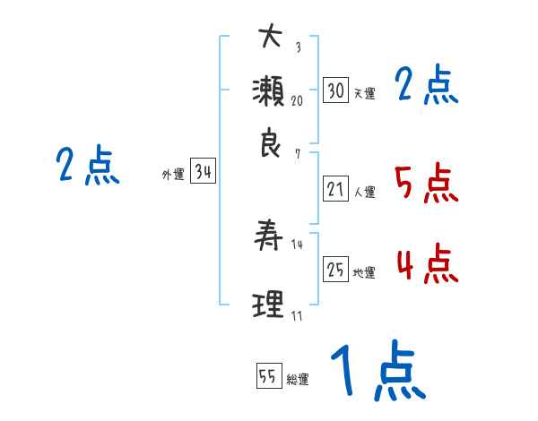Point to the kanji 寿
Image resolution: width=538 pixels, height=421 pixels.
click(x=270, y=236)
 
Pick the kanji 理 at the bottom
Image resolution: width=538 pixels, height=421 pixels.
click(x=270, y=304)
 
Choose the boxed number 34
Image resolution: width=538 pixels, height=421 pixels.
click(x=203, y=172)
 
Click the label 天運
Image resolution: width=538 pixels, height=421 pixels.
click(x=364, y=93)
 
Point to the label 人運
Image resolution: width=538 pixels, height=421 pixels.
click(x=364, y=192)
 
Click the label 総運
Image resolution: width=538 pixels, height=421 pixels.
click(x=298, y=379)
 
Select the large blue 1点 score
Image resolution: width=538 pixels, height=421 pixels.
click(x=376, y=372)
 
